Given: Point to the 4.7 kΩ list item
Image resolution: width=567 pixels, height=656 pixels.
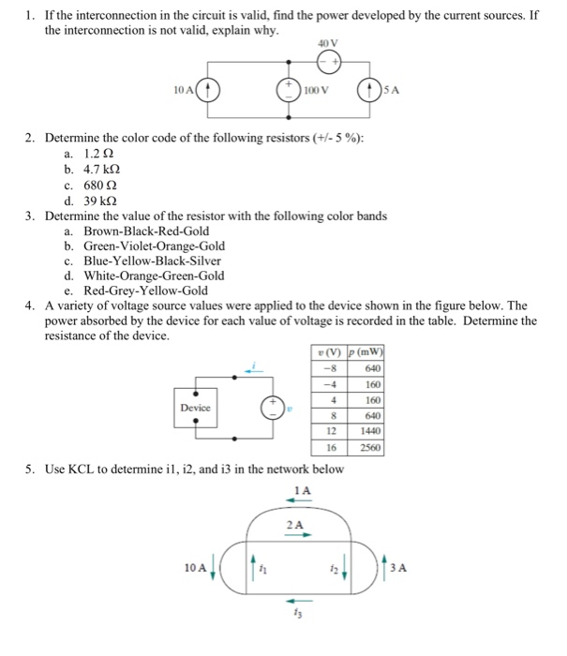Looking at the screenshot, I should [102, 171].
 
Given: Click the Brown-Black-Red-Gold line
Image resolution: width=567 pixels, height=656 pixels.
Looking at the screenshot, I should [146, 231].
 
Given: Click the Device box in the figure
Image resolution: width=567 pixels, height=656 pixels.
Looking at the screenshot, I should [197, 409].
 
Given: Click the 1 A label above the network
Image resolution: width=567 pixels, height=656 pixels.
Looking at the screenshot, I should [302, 490].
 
